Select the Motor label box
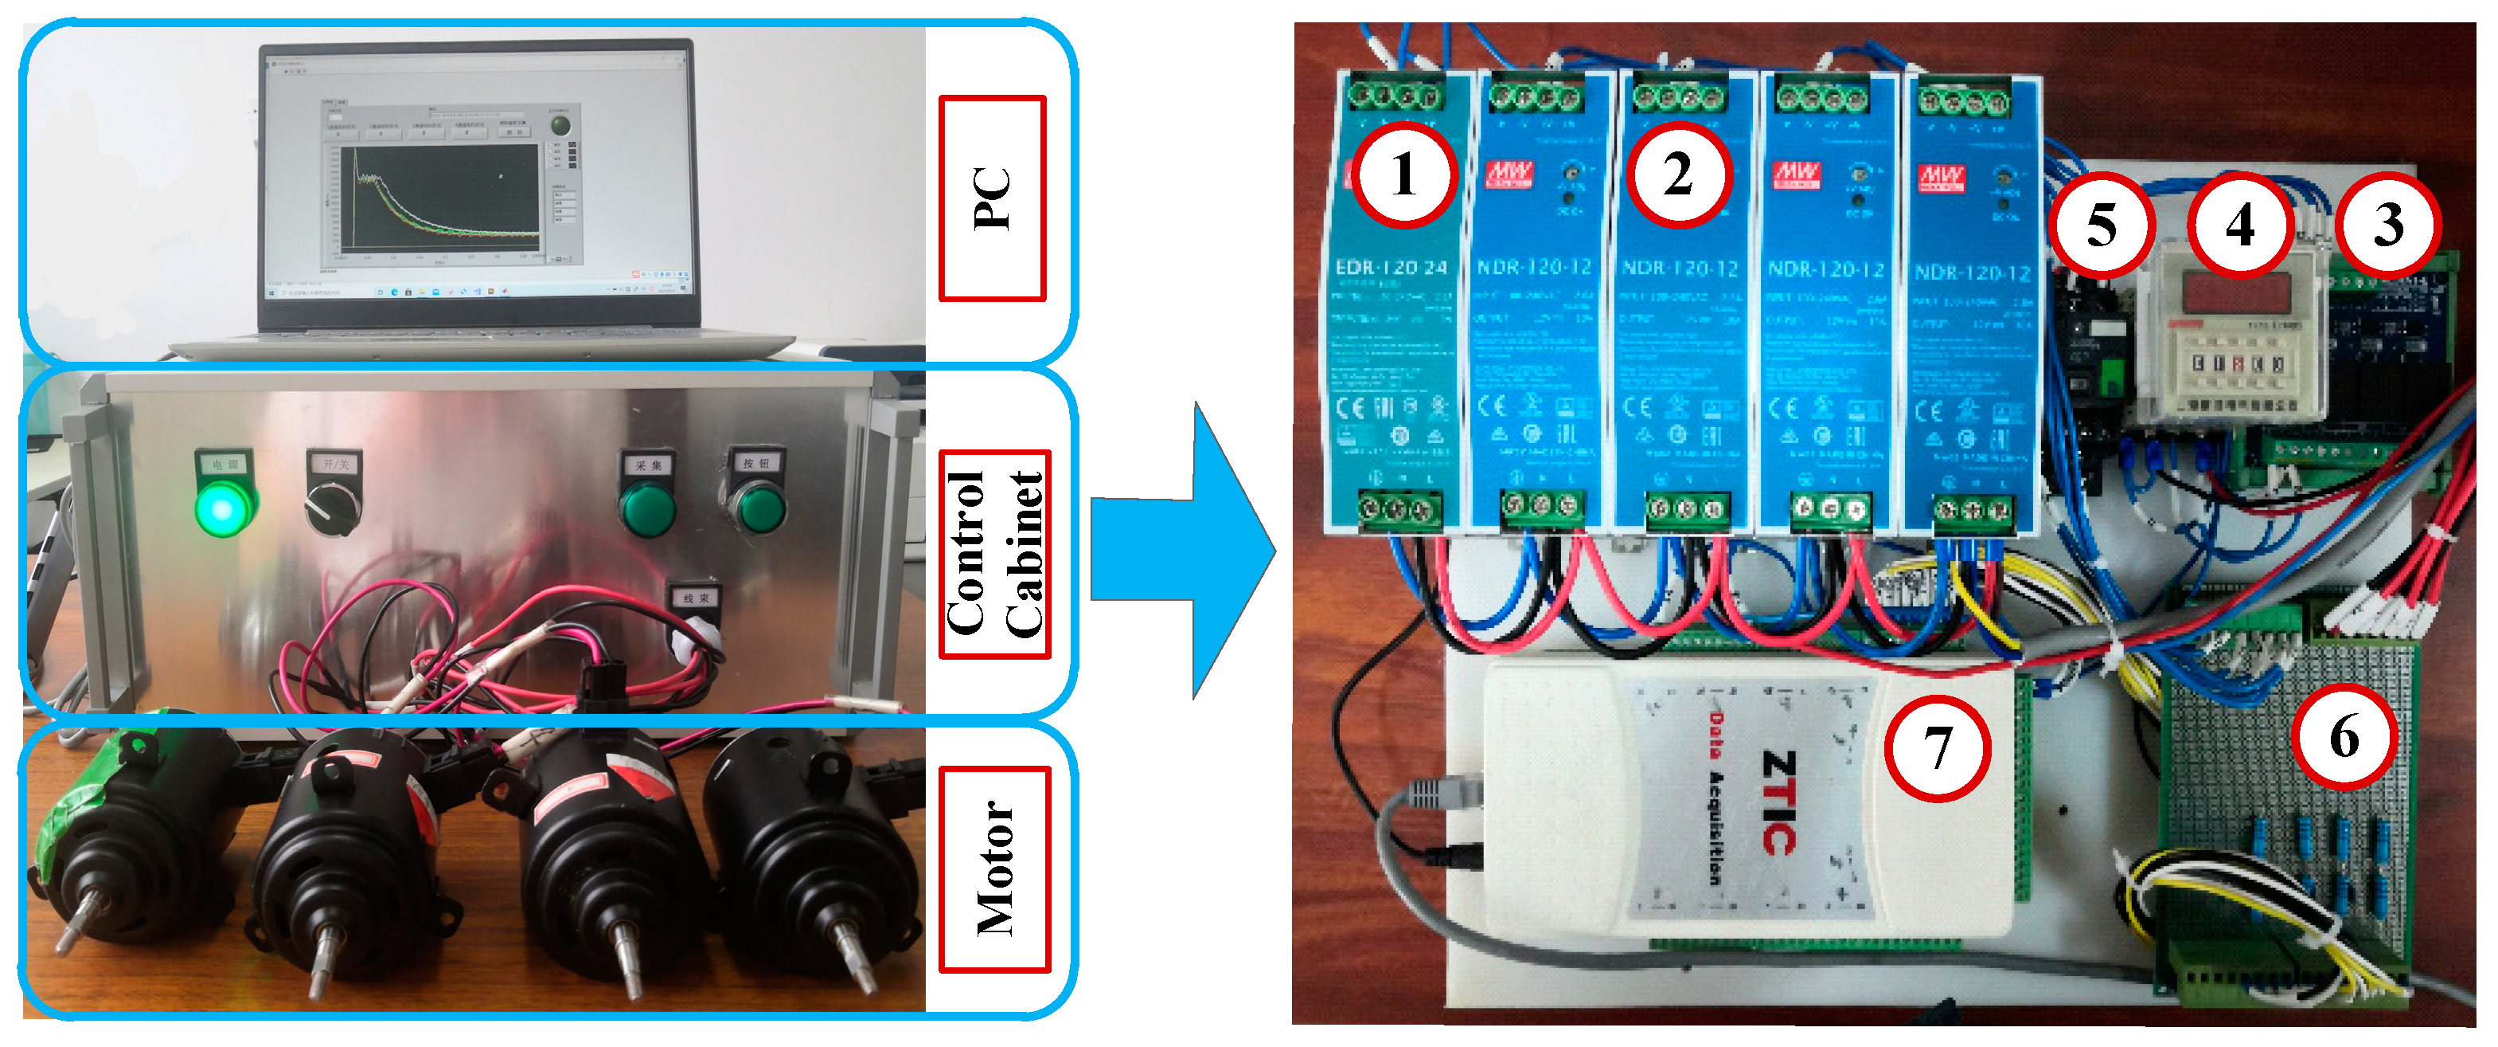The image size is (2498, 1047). click(995, 869)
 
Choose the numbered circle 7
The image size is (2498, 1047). click(1937, 747)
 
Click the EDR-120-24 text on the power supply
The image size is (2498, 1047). click(1391, 267)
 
